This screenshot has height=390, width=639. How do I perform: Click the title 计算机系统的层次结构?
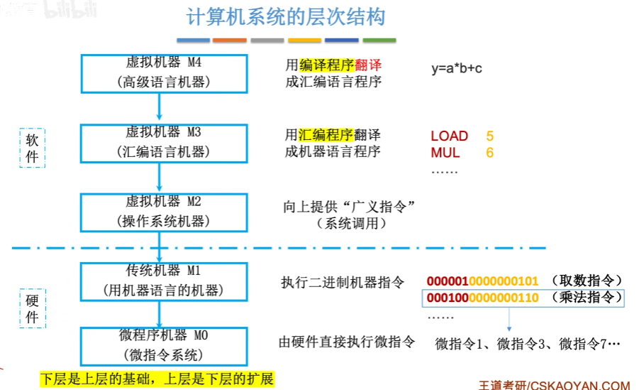[x=287, y=18]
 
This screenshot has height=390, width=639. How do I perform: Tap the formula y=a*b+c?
[x=457, y=69]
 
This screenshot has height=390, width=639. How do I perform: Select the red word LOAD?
[x=450, y=136]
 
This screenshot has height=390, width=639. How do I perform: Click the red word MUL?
[x=445, y=153]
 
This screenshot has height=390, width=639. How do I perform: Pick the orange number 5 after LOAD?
[x=490, y=136]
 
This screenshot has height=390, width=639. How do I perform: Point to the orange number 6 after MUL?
[x=490, y=153]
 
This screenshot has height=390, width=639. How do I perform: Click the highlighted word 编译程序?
[x=326, y=65]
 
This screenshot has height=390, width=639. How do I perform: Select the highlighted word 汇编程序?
[x=326, y=134]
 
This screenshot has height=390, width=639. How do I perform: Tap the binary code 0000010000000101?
[x=483, y=281]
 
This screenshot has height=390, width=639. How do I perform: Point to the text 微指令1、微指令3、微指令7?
[x=528, y=344]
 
